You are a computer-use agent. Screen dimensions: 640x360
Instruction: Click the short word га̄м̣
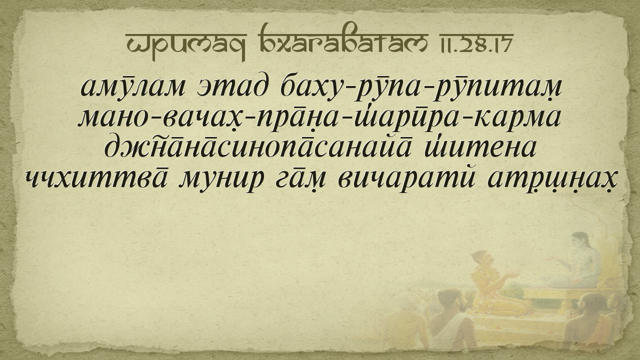(x=300, y=179)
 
